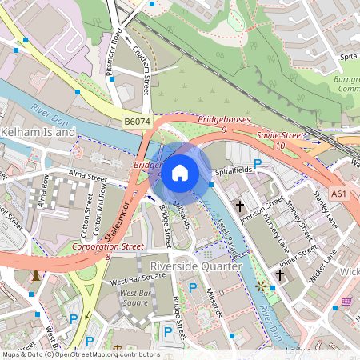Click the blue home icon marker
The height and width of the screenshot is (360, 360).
click(x=180, y=172)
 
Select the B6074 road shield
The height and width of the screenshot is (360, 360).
click(x=136, y=121)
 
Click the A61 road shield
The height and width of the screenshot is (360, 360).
click(x=340, y=194)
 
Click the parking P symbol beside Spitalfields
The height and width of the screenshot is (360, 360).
click(x=258, y=165)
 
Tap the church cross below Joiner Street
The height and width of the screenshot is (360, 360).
click(x=279, y=275)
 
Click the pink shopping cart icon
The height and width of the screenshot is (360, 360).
click(x=347, y=302)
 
